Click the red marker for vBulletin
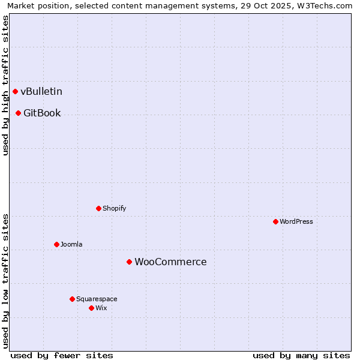coord(15,91)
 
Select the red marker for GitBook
coord(18,113)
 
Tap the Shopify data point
coord(98,208)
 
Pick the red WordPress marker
coord(275,221)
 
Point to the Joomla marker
coord(56,244)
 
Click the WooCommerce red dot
coord(129,262)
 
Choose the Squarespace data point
coord(72,299)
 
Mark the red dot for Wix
coord(91,308)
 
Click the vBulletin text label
coord(41,91)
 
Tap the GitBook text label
coord(42,113)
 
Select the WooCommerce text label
coord(170,262)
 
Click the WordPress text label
coord(296,221)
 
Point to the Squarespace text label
coord(97,299)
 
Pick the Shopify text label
coord(114,208)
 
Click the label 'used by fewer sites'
coord(62,355)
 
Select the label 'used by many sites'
coord(301,355)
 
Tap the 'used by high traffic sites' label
coord(5,85)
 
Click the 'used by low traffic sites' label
coord(5,280)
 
